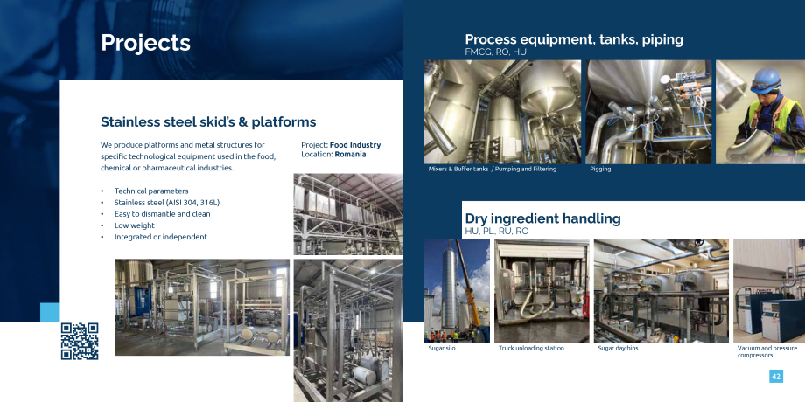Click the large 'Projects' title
pyautogui.click(x=145, y=43)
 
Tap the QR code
pyautogui.click(x=80, y=341)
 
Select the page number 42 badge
pyautogui.click(x=776, y=377)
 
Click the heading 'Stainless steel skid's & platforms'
pyautogui.click(x=208, y=122)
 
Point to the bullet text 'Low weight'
pyautogui.click(x=135, y=225)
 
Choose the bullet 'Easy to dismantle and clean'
pyautogui.click(x=162, y=214)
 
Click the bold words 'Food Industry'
pyautogui.click(x=355, y=145)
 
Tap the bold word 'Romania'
pyautogui.click(x=350, y=154)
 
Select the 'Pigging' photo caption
pyautogui.click(x=600, y=169)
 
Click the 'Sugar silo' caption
pyautogui.click(x=442, y=348)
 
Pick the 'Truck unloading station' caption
pyautogui.click(x=531, y=348)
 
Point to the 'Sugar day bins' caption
pyautogui.click(x=618, y=348)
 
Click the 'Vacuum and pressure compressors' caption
pyautogui.click(x=767, y=351)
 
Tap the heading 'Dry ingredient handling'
pyautogui.click(x=542, y=218)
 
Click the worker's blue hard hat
pyautogui.click(x=765, y=81)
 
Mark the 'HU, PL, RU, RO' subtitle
pyautogui.click(x=496, y=232)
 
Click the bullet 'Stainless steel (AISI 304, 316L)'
pyautogui.click(x=167, y=203)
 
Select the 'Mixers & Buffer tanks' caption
pyautogui.click(x=458, y=169)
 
